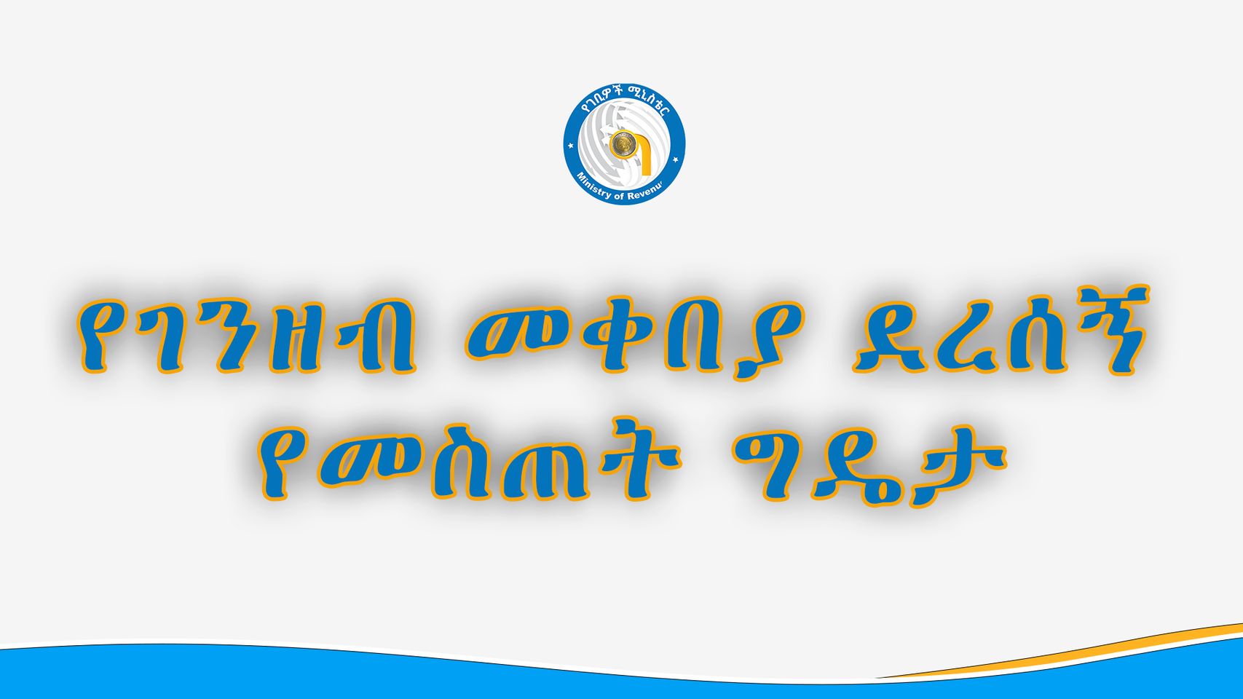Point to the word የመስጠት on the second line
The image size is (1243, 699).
[x=470, y=463]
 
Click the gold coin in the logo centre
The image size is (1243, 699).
[x=619, y=143]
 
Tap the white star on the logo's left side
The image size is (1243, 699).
[x=571, y=146]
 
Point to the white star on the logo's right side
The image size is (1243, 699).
[x=675, y=159]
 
